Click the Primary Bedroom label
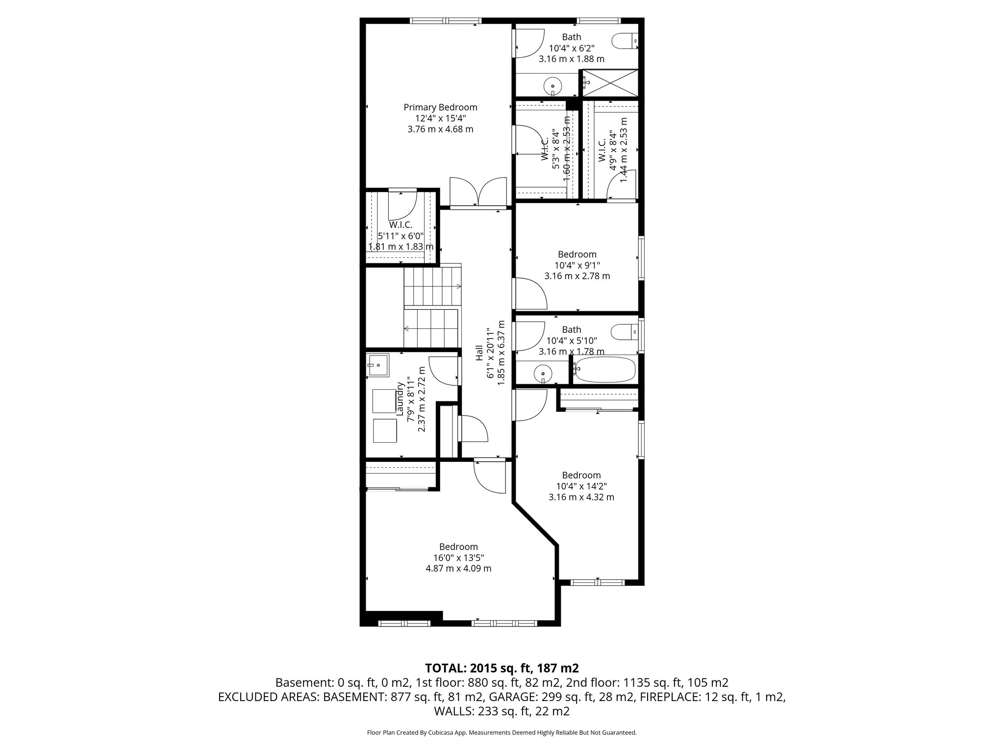tap(440, 107)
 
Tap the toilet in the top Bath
tap(626, 41)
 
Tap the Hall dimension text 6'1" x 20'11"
tap(490, 349)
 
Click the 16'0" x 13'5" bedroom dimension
tap(458, 557)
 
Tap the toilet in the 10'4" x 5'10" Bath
tap(626, 332)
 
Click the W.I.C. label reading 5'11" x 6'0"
tap(401, 236)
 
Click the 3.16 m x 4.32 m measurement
tap(581, 497)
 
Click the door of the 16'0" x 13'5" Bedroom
tap(490, 477)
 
